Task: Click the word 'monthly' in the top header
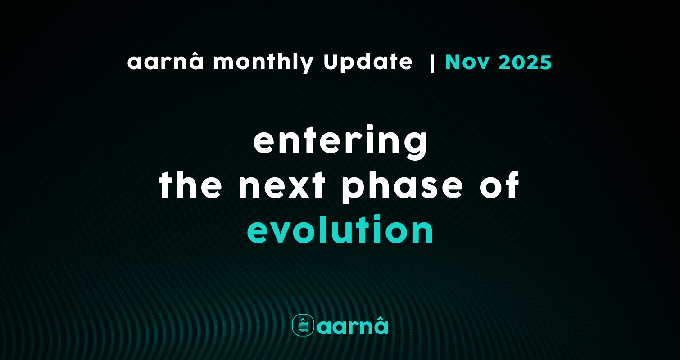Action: pos(263,63)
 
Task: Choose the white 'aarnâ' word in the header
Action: pos(165,62)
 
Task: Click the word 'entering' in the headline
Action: pos(340,142)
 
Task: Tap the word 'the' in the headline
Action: pos(190,185)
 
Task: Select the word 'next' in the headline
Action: pos(282,186)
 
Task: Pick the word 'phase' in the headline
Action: pos(402,187)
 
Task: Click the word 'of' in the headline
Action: pos(500,184)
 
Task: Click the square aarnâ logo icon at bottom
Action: pos(303,325)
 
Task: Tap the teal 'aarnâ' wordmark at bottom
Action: pos(353,325)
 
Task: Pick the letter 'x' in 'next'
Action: pos(297,186)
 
